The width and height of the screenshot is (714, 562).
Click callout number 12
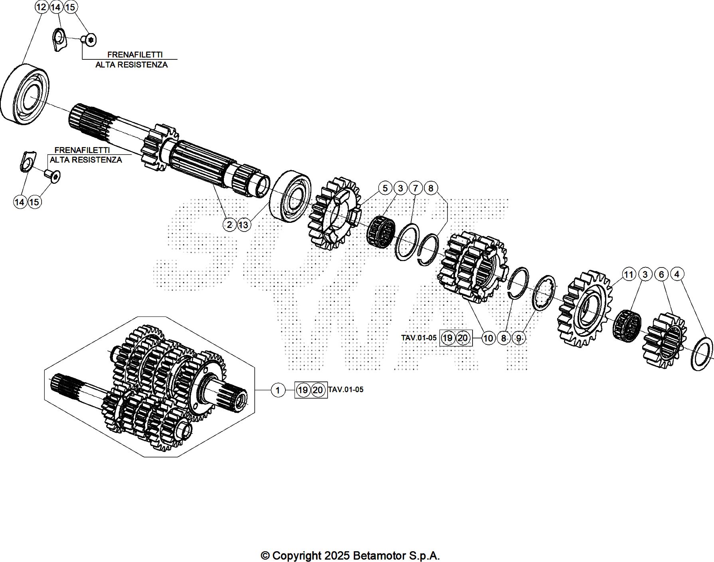41,7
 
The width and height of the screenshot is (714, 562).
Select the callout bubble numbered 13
243,225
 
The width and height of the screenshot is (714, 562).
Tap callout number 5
385,188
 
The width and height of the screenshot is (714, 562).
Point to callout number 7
415,188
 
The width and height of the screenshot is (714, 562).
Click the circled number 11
629,274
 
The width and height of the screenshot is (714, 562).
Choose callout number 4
676,274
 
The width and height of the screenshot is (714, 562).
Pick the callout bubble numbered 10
488,338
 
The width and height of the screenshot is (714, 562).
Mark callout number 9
518,338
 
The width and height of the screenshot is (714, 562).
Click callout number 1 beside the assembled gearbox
278,390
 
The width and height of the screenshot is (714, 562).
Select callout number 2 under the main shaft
229,225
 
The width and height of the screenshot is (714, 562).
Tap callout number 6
661,274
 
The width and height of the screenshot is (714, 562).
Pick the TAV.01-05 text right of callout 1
346,389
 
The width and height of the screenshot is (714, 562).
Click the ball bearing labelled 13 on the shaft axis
291,195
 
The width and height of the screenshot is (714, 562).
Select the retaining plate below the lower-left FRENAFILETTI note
27,162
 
